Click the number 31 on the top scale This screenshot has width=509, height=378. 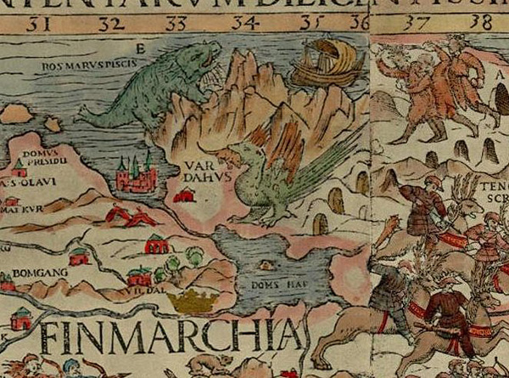coord(36,23)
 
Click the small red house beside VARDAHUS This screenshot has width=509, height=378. coord(182,196)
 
